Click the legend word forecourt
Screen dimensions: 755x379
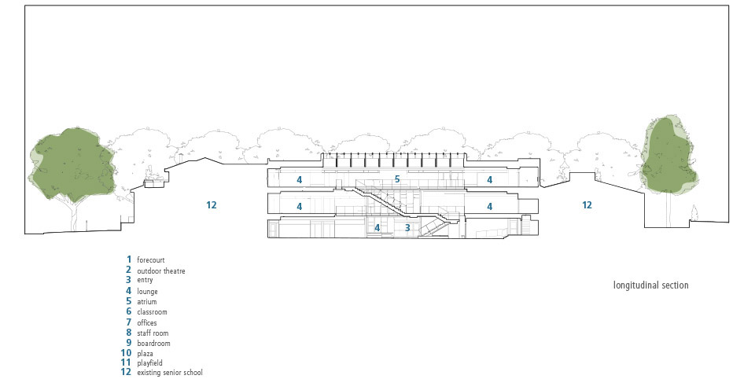coord(151,260)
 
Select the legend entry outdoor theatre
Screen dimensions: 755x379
coord(160,270)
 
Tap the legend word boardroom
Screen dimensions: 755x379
coord(153,344)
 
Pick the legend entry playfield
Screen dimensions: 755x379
coord(149,363)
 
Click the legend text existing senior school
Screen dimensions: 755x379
coord(170,372)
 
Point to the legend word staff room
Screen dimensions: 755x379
coord(153,333)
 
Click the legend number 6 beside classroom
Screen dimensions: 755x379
coord(128,311)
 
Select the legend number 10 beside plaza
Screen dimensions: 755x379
coord(126,353)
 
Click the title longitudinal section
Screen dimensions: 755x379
coord(650,285)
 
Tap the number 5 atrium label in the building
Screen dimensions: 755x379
coord(397,179)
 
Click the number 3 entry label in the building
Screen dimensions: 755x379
coord(407,228)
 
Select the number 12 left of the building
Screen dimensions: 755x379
coord(212,204)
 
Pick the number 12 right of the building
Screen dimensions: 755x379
coord(587,204)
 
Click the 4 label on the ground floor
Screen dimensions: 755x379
coord(377,227)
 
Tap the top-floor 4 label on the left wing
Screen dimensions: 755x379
coord(300,179)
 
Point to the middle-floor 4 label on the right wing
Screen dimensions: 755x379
coord(490,207)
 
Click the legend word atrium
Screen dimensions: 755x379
coord(147,301)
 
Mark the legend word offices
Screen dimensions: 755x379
coord(147,322)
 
